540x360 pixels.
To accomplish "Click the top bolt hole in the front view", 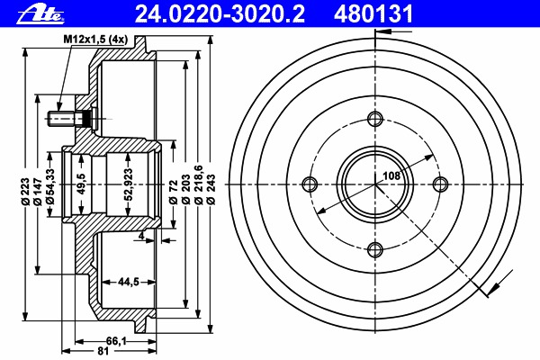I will pos(375,119).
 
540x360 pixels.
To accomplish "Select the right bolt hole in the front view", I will pos(440,184).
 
